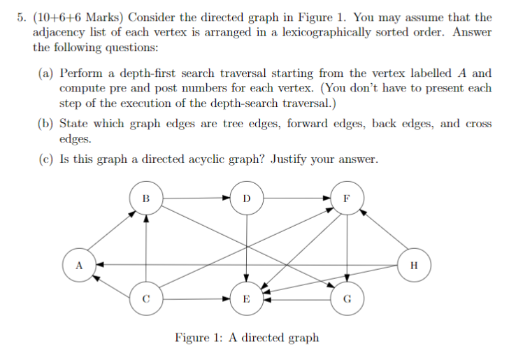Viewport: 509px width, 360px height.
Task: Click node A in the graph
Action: click(x=79, y=265)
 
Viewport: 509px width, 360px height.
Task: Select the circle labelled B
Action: click(x=146, y=198)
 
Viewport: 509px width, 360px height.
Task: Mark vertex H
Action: click(x=415, y=265)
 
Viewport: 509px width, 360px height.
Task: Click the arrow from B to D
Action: click(x=196, y=198)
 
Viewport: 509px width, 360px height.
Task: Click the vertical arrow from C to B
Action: click(x=146, y=249)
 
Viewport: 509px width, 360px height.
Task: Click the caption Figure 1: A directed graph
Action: click(x=247, y=338)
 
